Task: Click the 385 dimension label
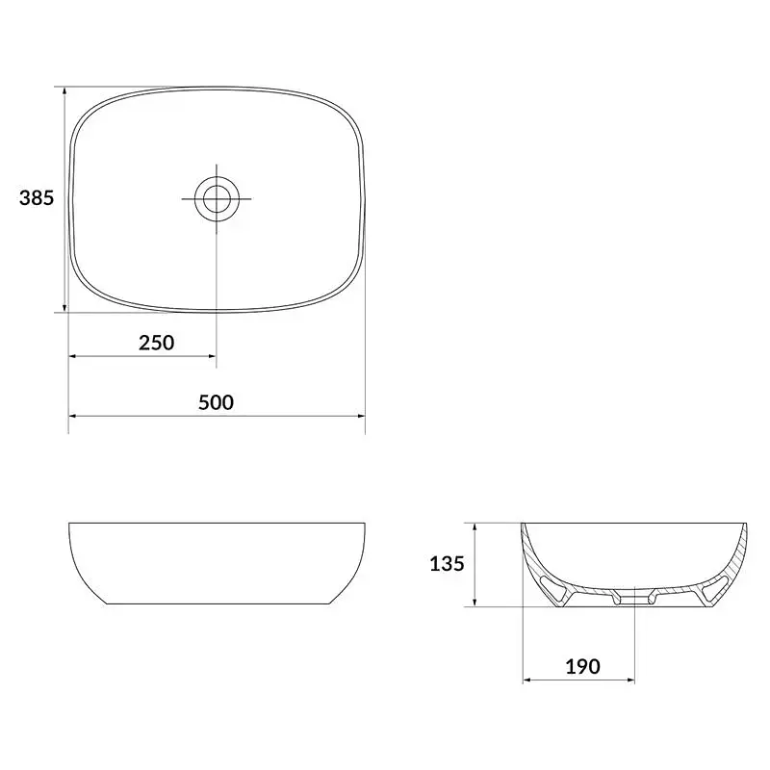pos(37,198)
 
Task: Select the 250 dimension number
pos(156,343)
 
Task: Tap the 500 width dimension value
pos(216,402)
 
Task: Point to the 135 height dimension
pos(447,564)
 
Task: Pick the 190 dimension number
pos(583,666)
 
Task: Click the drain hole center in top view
pos(217,199)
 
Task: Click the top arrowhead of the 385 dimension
pos(64,91)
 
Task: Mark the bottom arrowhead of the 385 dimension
pos(64,307)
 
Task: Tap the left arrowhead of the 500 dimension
pos(73,416)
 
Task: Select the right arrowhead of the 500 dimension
pos(360,416)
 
